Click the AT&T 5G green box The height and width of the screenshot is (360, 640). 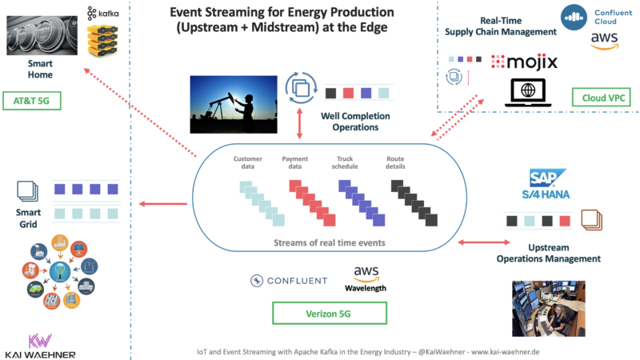(33, 102)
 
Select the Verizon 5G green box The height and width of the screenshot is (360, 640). (319, 313)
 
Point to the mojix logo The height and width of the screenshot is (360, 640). (523, 62)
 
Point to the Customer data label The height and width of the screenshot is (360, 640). (247, 162)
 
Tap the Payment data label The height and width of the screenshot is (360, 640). (296, 162)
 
